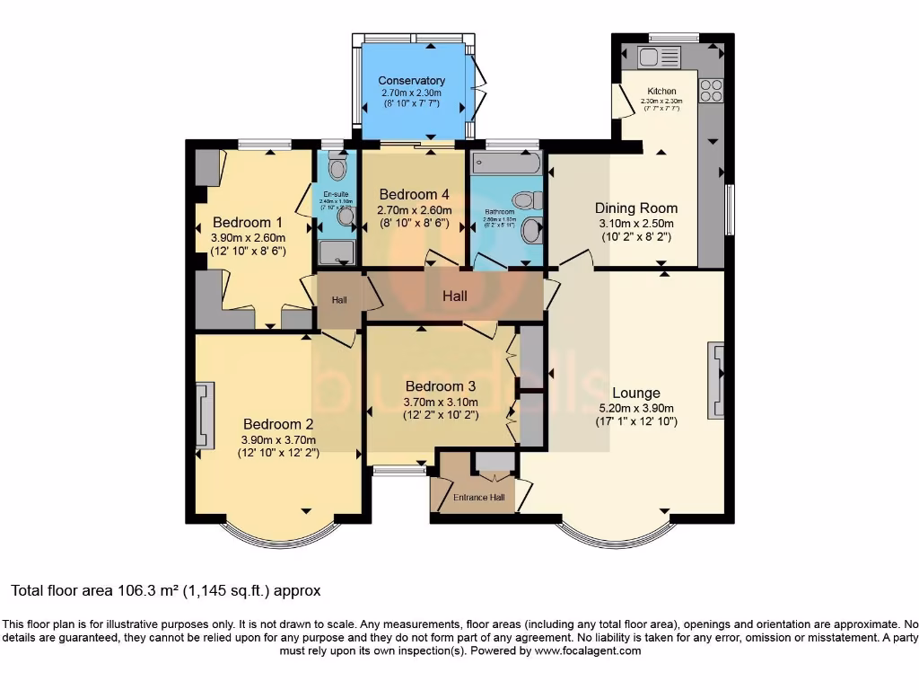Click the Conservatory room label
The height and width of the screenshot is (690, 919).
coord(412,81)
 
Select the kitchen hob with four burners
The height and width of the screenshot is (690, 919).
coord(711,90)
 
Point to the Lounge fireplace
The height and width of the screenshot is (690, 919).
coord(715,380)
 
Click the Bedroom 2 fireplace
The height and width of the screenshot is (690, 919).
coord(205,414)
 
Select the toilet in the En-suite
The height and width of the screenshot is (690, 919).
coord(337,168)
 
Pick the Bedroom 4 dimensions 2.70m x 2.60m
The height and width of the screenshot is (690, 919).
coord(414,211)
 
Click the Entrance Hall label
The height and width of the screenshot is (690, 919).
coord(478,497)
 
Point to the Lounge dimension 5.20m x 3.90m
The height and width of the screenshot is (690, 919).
coord(636,408)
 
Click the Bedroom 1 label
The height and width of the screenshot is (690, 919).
coord(241,222)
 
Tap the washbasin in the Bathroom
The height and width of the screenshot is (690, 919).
coord(532,230)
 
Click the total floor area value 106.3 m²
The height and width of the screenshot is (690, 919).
coord(149,590)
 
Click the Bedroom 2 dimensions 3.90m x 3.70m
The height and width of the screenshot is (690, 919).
coord(279,439)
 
